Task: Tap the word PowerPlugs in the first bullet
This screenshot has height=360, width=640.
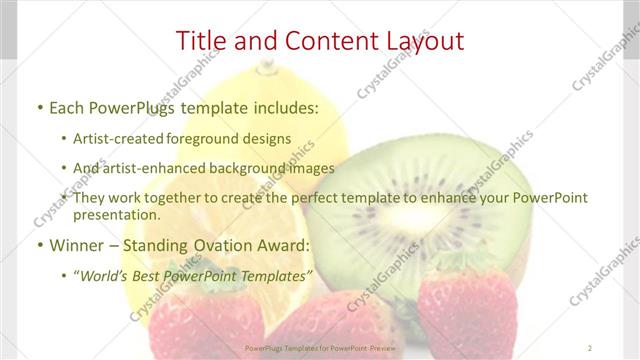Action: pos(135,107)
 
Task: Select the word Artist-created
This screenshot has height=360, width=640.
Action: pos(121,138)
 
